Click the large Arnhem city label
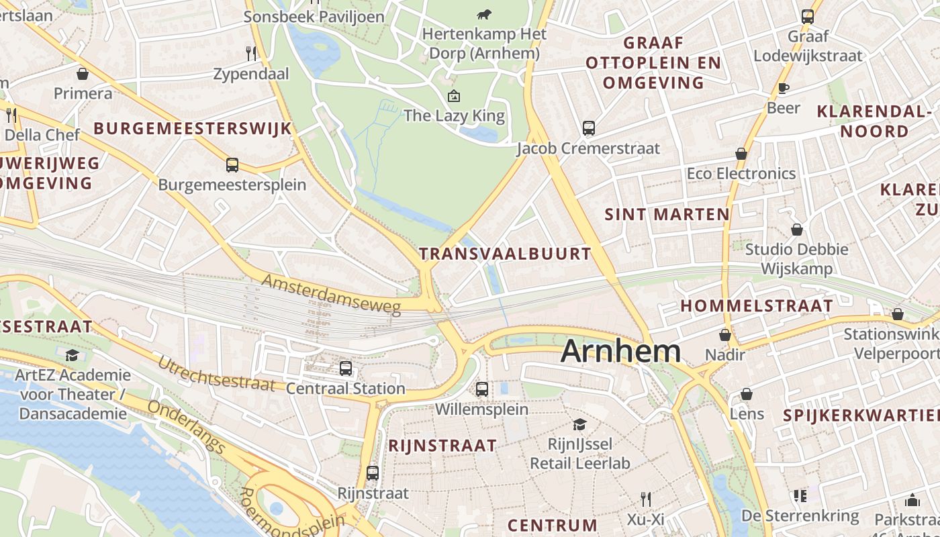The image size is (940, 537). point(621,351)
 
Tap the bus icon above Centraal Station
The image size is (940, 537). point(346,368)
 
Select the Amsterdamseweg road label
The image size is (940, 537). point(331,295)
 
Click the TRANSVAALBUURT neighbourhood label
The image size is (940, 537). point(505,254)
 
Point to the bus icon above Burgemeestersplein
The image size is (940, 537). point(232,164)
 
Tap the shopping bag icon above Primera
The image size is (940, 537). point(83,73)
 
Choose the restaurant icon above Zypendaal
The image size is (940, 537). point(251,53)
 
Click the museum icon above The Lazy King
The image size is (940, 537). point(454,96)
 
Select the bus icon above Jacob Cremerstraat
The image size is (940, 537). point(589,128)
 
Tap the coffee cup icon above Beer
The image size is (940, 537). point(783,88)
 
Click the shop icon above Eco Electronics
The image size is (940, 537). point(741,154)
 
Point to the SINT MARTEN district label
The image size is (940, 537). point(667,215)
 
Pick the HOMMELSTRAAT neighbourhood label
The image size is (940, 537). point(757,306)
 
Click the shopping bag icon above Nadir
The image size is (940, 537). point(725,334)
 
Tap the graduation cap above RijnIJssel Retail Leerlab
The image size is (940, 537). point(579,424)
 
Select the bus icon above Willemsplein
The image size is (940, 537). point(481,389)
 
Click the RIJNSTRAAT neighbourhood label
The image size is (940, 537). point(442,446)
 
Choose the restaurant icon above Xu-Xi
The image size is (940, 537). point(646,499)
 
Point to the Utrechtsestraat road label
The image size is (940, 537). point(216,374)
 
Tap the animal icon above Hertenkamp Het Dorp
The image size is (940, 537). point(483,14)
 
